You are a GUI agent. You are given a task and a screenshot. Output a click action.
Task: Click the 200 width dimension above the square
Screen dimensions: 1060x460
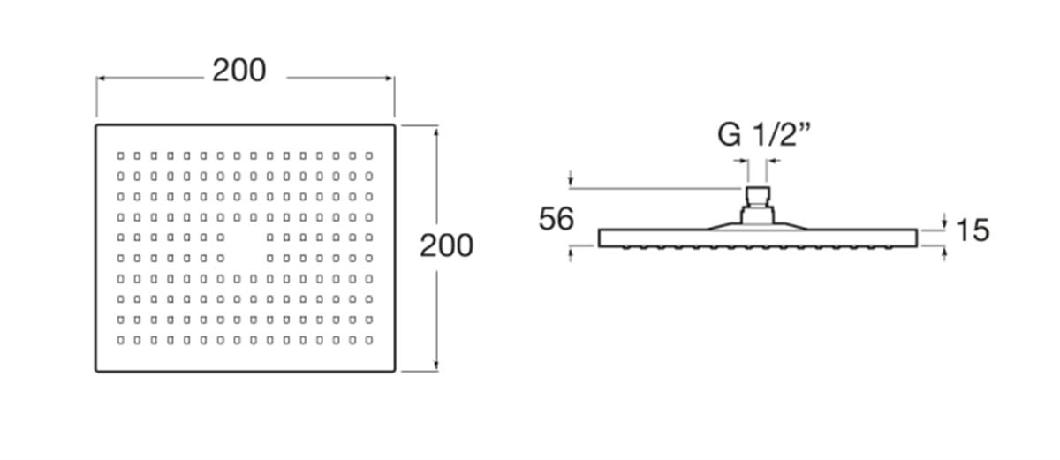pyautogui.click(x=239, y=71)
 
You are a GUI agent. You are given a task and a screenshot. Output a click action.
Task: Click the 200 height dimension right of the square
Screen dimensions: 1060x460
pyautogui.click(x=446, y=245)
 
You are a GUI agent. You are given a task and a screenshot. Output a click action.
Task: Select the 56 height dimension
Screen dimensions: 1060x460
pyautogui.click(x=556, y=219)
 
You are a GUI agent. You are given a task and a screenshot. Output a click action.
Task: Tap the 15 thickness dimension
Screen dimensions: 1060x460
pyautogui.click(x=973, y=230)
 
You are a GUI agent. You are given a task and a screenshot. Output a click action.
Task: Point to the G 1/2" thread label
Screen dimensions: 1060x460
pyautogui.click(x=764, y=135)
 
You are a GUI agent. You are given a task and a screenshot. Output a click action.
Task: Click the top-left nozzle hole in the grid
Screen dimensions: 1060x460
pyautogui.click(x=121, y=155)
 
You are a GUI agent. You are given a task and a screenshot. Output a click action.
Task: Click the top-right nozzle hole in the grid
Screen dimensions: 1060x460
pyautogui.click(x=369, y=155)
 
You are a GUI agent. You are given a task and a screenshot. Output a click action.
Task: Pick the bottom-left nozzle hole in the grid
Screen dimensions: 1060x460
pyautogui.click(x=121, y=340)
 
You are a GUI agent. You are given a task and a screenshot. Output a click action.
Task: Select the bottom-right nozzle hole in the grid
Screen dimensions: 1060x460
pyautogui.click(x=369, y=340)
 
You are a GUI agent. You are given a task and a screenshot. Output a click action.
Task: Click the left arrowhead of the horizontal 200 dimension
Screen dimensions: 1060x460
pyautogui.click(x=100, y=78)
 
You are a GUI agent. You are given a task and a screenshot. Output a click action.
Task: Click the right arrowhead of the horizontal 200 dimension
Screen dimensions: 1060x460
pyautogui.click(x=390, y=78)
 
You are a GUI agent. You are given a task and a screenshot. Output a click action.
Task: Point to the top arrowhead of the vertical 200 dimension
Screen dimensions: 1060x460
pyautogui.click(x=436, y=131)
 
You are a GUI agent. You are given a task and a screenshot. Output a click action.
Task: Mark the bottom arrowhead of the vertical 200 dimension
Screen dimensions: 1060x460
pyautogui.click(x=436, y=366)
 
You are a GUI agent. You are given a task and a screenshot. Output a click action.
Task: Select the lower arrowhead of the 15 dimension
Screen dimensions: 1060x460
pyautogui.click(x=944, y=253)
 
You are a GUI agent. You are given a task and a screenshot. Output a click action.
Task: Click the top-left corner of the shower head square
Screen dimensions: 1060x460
pyautogui.click(x=96, y=125)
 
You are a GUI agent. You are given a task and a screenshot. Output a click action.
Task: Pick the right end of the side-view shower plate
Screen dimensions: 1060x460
pyautogui.click(x=917, y=238)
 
